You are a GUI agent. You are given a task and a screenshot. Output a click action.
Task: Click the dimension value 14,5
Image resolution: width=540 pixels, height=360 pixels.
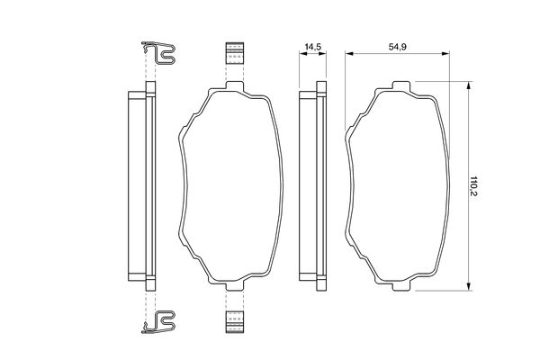(313, 47)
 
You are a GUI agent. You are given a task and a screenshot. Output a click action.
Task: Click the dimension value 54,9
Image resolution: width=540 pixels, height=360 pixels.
(398, 47)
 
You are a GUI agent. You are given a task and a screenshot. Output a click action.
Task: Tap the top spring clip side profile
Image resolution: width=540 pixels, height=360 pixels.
(158, 53)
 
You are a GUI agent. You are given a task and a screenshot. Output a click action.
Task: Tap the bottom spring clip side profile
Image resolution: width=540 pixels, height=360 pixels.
(158, 322)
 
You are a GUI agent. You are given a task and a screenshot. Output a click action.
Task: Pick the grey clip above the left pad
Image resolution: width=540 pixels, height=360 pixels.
(235, 53)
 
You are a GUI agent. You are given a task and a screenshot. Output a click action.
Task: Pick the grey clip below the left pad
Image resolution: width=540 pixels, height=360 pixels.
(235, 322)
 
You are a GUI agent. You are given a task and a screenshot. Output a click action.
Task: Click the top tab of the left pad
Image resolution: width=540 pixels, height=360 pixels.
(235, 85)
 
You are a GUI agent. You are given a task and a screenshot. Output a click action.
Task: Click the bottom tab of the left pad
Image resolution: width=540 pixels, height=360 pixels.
(235, 285)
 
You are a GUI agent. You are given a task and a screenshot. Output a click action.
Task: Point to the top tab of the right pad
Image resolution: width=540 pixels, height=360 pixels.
(401, 85)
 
